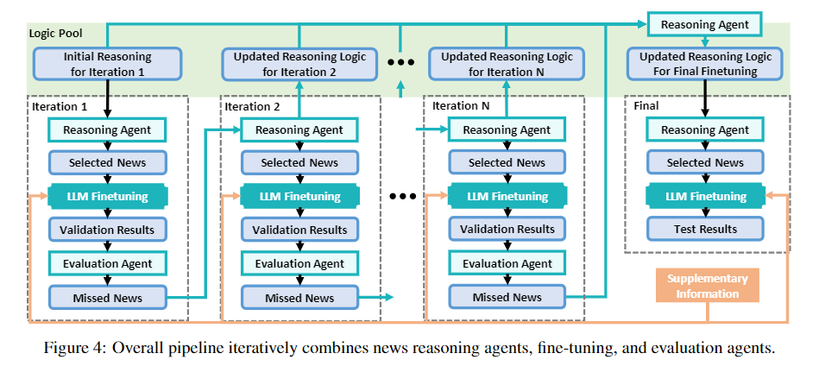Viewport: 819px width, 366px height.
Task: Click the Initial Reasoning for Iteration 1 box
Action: coord(108,64)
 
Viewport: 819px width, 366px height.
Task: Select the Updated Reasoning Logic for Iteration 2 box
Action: coord(299,64)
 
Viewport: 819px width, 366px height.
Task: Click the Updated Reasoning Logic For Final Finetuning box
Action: coord(706,64)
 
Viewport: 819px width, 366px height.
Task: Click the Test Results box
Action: coord(706,229)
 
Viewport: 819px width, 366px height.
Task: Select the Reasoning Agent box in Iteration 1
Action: coord(107,129)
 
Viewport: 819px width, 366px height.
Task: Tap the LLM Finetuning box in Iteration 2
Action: coord(299,196)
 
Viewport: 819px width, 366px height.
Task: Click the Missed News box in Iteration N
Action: coord(507,297)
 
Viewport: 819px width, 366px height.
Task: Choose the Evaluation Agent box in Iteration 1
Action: coord(107,263)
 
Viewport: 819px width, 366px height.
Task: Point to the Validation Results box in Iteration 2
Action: coord(299,230)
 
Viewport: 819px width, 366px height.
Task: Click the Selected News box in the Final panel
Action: coord(706,162)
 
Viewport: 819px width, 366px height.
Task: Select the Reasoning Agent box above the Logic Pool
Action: coord(704,24)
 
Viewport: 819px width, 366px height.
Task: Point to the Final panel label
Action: coord(646,106)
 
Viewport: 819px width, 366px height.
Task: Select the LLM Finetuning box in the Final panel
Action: coord(706,196)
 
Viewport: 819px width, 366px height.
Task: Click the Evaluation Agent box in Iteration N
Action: coord(507,263)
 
